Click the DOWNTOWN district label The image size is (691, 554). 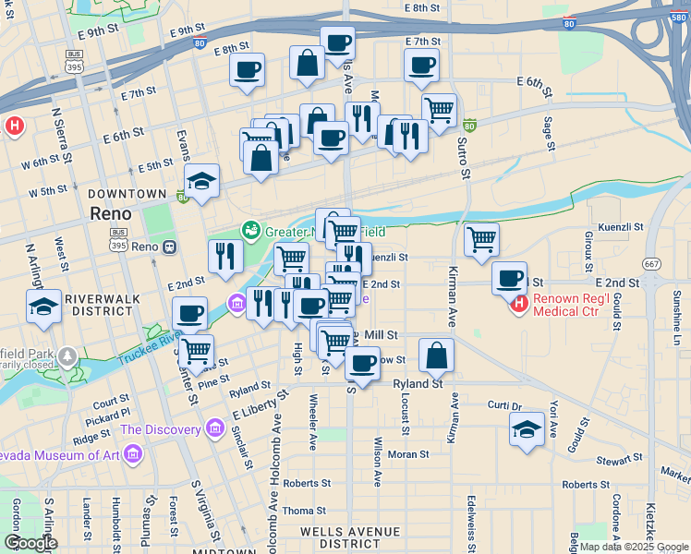(x=127, y=194)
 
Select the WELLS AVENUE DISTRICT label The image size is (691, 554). (x=350, y=537)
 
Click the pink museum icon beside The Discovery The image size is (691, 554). (x=215, y=428)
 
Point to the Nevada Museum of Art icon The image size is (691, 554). (x=133, y=453)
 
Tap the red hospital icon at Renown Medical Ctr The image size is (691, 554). (x=519, y=302)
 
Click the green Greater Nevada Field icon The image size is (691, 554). (x=249, y=230)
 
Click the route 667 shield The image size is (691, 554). (x=652, y=262)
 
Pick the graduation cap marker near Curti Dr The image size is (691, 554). (x=527, y=428)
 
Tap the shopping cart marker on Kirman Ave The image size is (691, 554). (x=481, y=239)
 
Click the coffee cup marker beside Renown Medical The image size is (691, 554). (x=509, y=277)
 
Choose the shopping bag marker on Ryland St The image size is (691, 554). (x=436, y=355)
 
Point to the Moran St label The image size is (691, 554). (x=408, y=454)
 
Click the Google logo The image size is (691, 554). (x=31, y=543)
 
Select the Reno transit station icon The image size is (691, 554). (x=170, y=247)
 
